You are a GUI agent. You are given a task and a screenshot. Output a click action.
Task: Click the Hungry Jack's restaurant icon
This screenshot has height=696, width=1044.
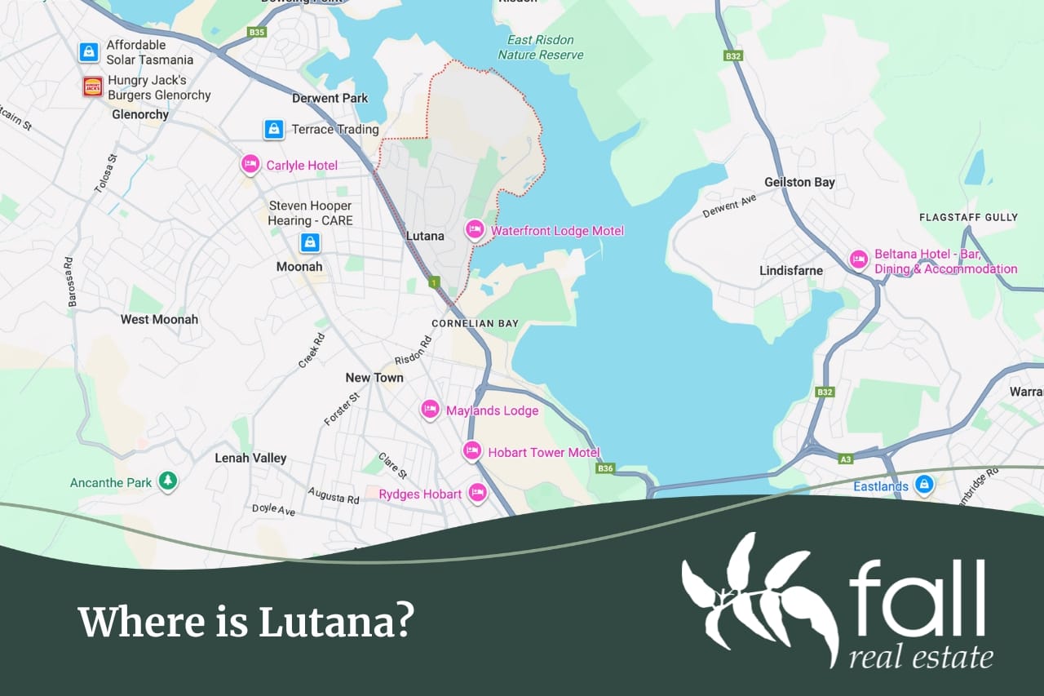pyautogui.click(x=93, y=87)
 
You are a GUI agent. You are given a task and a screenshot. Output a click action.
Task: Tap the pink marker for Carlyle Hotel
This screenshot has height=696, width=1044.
pyautogui.click(x=250, y=164)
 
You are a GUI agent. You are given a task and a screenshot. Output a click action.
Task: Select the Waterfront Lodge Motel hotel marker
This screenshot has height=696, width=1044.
pyautogui.click(x=475, y=230)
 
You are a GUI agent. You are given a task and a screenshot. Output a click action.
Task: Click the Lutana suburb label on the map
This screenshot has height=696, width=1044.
pyautogui.click(x=425, y=236)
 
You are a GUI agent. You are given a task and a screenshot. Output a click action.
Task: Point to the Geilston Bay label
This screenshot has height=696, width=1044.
pyautogui.click(x=799, y=182)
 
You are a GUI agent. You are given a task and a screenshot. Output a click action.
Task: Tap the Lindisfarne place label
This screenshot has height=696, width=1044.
pyautogui.click(x=791, y=270)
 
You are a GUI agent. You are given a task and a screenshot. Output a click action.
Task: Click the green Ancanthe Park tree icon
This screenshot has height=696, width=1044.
pyautogui.click(x=168, y=481)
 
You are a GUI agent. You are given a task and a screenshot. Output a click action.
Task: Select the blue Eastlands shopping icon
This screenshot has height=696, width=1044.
pyautogui.click(x=923, y=485)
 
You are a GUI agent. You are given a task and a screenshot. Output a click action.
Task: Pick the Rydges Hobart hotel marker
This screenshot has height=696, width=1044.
pyautogui.click(x=477, y=493)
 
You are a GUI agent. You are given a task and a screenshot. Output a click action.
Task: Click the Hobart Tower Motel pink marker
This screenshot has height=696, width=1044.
pyautogui.click(x=472, y=451)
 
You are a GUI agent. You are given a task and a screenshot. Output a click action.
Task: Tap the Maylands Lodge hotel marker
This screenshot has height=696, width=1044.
pyautogui.click(x=431, y=410)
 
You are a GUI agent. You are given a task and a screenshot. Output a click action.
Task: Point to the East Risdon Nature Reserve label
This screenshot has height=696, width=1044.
pyautogui.click(x=541, y=47)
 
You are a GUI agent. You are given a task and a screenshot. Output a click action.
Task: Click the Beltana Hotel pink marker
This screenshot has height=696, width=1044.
pyautogui.click(x=858, y=259)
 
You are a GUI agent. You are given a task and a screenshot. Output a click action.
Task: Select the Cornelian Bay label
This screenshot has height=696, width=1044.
pyautogui.click(x=475, y=323)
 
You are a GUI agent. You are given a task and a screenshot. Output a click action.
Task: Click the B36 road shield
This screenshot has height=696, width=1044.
pyautogui.click(x=604, y=468)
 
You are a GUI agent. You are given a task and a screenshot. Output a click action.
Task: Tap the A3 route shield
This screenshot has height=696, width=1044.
pyautogui.click(x=846, y=459)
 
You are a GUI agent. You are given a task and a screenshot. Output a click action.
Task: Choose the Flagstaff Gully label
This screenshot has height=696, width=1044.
pyautogui.click(x=968, y=218)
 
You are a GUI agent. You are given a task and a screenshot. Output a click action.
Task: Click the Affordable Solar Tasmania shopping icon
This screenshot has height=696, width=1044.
pyautogui.click(x=89, y=52)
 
